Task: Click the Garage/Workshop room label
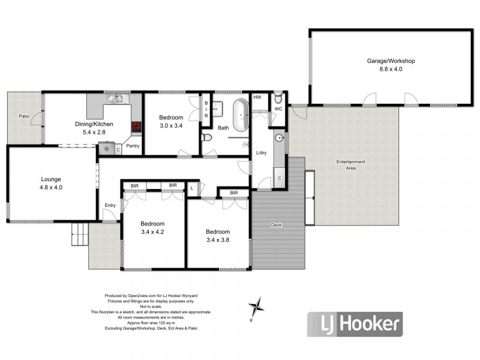click(391, 61)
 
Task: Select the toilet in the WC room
click(278, 99)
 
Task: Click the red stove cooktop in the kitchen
click(136, 127)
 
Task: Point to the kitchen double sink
click(115, 98)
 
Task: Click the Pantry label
click(133, 146)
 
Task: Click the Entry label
click(110, 205)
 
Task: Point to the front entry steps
click(79, 231)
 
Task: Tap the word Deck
click(275, 225)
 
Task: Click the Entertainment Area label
click(351, 165)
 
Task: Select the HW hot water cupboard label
click(257, 97)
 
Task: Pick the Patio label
click(24, 116)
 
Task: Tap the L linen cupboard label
click(191, 188)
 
